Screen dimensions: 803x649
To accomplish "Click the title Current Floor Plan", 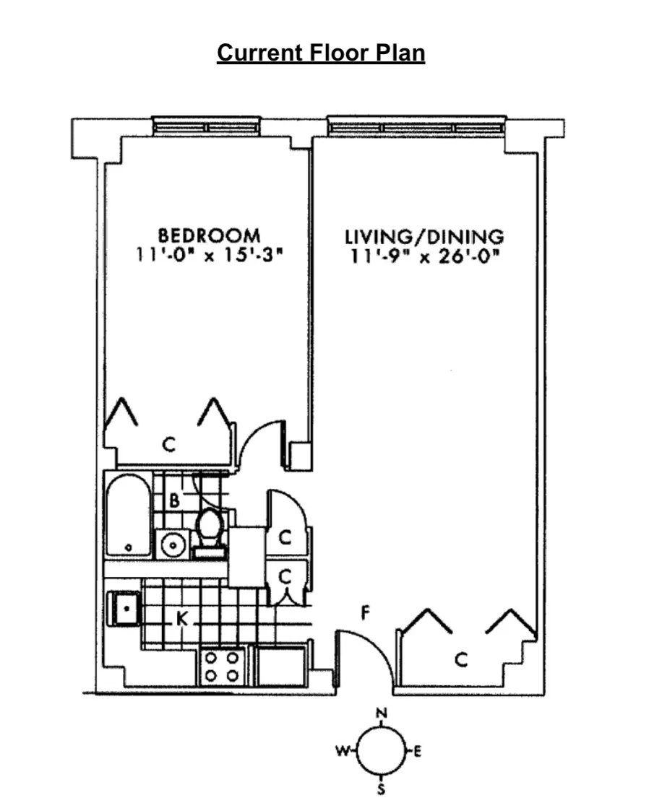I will point(321,54).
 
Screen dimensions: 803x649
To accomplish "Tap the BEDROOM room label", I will point(210,235).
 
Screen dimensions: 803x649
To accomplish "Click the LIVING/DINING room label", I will point(424,235).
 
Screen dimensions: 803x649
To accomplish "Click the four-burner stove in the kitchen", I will point(222,667).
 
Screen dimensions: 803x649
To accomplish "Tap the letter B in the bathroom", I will point(174,500).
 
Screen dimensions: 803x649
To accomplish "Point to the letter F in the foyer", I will point(366,615).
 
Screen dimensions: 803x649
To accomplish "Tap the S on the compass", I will point(382,789).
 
